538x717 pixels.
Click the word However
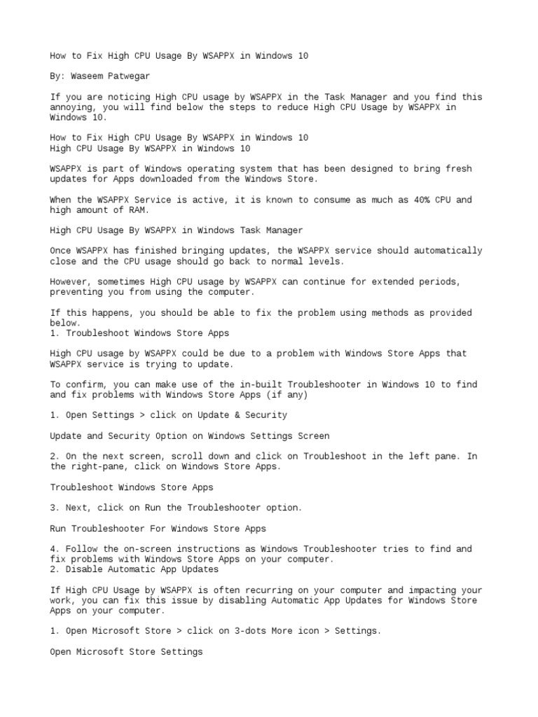[71, 281]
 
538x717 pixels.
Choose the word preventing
[76, 292]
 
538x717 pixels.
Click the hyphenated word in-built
[256, 384]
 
